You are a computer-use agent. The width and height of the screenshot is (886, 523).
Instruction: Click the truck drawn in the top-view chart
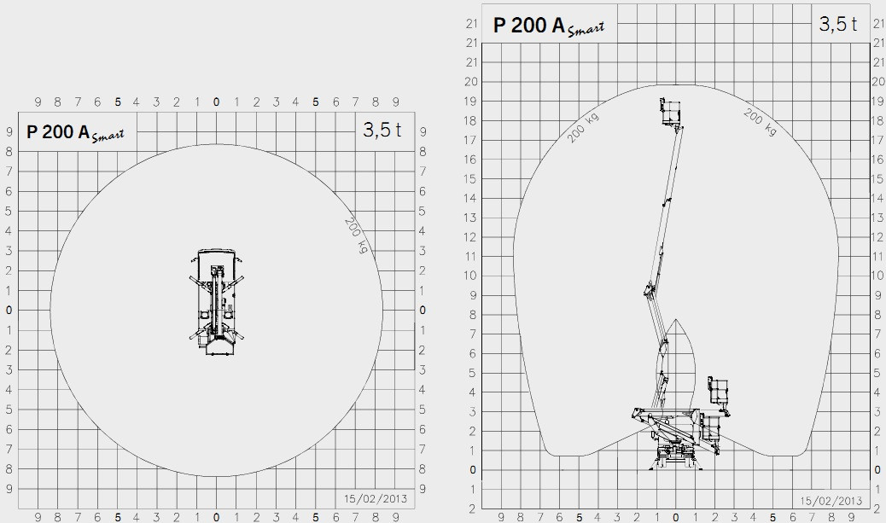[217, 302]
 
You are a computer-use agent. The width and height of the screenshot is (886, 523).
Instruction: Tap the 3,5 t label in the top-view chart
[382, 130]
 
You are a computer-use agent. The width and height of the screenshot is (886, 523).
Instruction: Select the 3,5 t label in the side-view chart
[838, 24]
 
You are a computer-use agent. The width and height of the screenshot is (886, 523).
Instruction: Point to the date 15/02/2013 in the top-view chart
[376, 499]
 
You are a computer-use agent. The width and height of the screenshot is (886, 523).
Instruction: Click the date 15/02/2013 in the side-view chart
[831, 501]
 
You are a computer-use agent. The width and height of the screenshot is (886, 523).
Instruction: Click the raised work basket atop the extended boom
[671, 111]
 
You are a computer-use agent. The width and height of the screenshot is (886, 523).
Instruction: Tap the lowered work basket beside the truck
[718, 396]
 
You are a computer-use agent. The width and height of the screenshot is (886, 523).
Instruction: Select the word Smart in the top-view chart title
[108, 136]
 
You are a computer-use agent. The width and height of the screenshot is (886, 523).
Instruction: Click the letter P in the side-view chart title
[499, 26]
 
